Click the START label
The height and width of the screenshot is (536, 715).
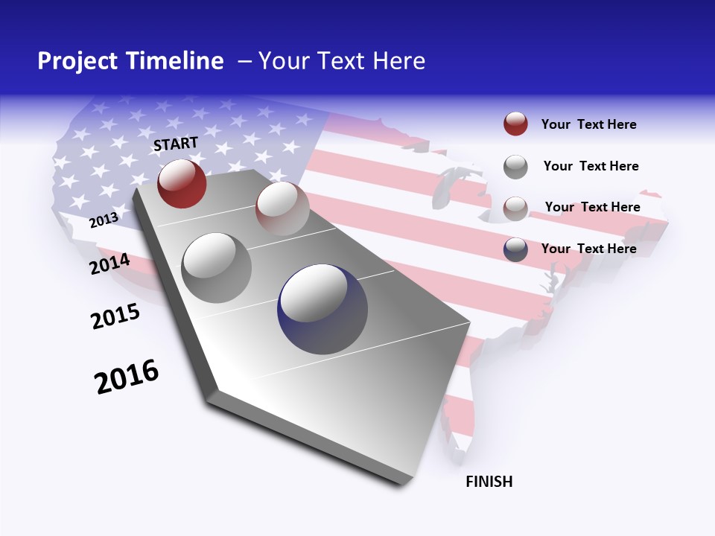click(176, 143)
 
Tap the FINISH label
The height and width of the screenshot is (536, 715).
click(489, 482)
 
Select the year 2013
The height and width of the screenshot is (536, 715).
click(104, 220)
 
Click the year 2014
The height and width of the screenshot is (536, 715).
click(109, 264)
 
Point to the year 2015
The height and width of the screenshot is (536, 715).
click(115, 316)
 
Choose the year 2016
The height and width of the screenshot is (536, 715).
click(127, 377)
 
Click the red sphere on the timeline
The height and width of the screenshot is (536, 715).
click(182, 183)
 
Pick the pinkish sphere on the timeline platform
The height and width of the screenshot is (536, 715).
click(282, 208)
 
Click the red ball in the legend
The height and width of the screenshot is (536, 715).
click(515, 124)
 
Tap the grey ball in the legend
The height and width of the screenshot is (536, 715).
click(515, 167)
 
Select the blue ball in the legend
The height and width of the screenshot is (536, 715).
click(515, 249)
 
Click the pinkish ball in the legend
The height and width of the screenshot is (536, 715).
click(515, 208)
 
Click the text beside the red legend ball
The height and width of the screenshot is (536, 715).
click(588, 124)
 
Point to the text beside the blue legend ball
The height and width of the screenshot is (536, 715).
click(588, 249)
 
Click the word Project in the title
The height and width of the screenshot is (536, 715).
click(76, 61)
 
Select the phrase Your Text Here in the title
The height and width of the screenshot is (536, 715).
click(342, 61)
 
